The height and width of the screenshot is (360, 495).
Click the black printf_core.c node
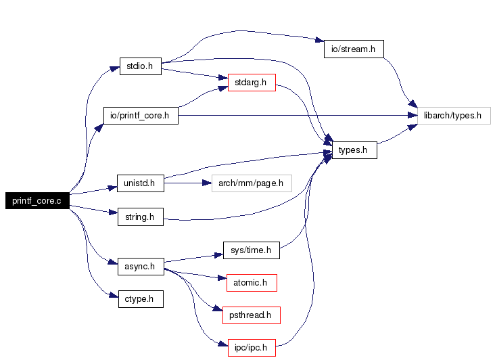[x=37, y=200]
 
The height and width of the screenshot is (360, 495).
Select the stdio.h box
[x=140, y=66]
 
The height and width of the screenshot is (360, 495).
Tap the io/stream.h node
[x=353, y=49]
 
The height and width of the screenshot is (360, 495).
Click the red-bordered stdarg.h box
[x=251, y=83]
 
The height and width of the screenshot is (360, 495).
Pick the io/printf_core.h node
[x=140, y=116]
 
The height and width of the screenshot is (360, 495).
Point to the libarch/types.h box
[x=452, y=116]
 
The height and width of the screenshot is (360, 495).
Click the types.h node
[x=352, y=150]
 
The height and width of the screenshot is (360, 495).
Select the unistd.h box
[x=140, y=183]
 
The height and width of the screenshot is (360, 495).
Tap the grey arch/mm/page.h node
[x=251, y=183]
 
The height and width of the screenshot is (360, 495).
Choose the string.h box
[x=140, y=217]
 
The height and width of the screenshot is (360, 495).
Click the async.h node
[x=140, y=266]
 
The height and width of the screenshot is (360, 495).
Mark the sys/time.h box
[x=251, y=250]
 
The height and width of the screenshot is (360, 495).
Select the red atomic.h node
[x=251, y=282]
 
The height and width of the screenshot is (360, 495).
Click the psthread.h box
[x=251, y=315]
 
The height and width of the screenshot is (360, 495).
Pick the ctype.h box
[x=140, y=298]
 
